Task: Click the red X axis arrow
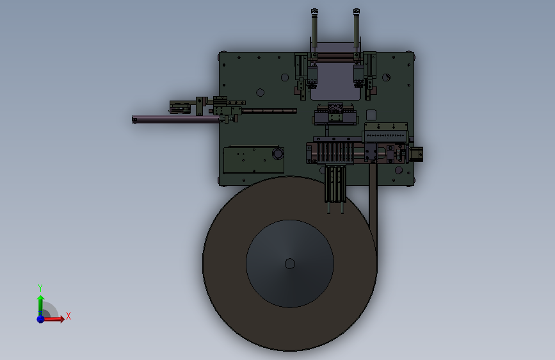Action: (x=53, y=319)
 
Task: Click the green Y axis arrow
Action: (x=40, y=306)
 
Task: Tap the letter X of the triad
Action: (x=68, y=316)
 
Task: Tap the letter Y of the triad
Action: (x=40, y=288)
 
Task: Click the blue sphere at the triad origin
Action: (x=40, y=319)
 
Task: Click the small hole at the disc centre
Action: (x=290, y=264)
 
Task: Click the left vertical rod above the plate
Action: (x=314, y=28)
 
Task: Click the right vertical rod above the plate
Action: (x=357, y=28)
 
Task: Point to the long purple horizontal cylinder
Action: (x=176, y=120)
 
